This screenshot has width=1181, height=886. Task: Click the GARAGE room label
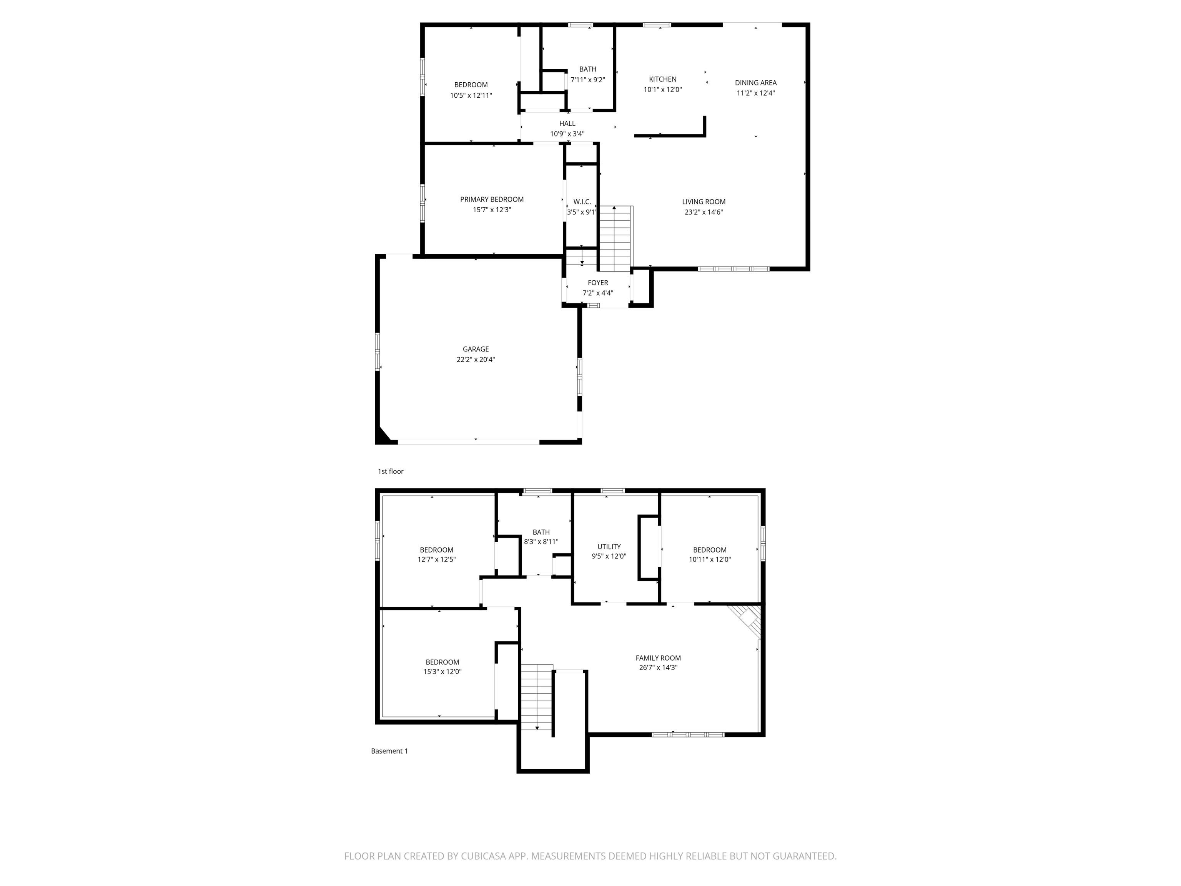[475, 349]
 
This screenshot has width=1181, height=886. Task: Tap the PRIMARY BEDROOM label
[492, 199]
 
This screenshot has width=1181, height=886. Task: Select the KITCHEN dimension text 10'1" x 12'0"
[662, 90]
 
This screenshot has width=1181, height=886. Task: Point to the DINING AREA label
[755, 82]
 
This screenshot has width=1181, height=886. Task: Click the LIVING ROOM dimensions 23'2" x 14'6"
[704, 212]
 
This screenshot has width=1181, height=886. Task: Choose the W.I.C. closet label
[582, 202]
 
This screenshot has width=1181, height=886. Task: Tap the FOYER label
[597, 283]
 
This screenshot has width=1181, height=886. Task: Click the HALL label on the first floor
[567, 123]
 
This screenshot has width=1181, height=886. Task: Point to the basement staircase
[537, 697]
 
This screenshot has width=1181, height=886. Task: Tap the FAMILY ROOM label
[658, 658]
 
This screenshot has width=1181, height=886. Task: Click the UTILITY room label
[609, 546]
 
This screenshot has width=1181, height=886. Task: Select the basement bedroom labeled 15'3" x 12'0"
[442, 666]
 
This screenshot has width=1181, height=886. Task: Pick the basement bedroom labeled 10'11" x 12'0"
[710, 555]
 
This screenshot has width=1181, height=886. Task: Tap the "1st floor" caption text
[390, 471]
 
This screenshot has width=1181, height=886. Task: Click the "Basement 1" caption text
[389, 751]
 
